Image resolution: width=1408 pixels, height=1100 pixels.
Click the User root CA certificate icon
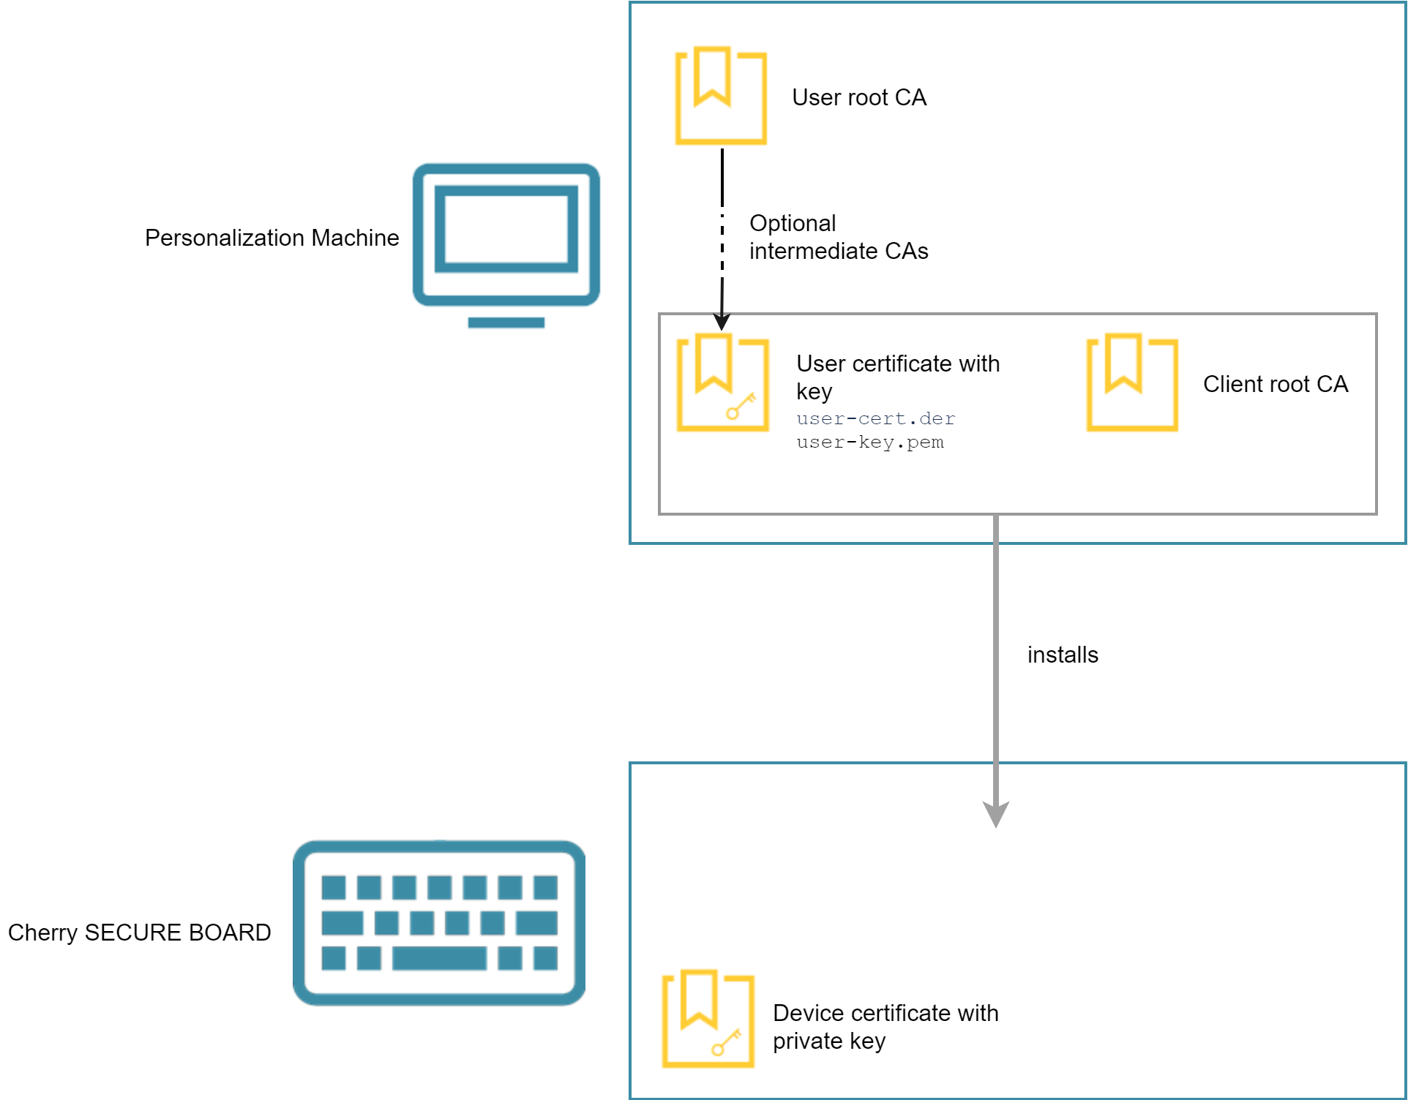coord(721,96)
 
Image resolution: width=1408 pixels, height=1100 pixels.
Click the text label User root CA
coord(859,97)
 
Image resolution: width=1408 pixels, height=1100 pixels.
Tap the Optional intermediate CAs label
coord(838,237)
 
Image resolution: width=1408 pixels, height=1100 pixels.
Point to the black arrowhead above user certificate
coord(722,322)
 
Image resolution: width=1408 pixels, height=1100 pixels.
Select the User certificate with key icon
coord(722,383)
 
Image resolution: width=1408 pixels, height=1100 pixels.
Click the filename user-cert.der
coord(875,418)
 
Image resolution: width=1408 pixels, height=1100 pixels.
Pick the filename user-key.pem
coord(869,442)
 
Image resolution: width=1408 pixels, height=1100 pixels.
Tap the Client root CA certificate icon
coord(1132,383)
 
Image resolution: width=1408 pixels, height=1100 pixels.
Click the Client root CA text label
coord(1275,384)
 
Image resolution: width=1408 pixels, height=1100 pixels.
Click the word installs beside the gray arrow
coord(1063,655)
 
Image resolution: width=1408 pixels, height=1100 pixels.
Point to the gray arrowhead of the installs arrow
coord(995,813)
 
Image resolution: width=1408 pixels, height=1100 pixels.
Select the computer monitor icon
coord(506,235)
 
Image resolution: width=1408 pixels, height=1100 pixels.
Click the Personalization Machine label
coord(272,238)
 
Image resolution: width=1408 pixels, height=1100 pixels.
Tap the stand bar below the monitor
coord(506,323)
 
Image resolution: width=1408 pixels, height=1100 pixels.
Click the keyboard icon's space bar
coord(439,957)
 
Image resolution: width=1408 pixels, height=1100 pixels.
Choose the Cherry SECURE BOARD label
coord(139,933)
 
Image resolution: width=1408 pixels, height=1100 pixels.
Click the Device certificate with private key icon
coord(708,1019)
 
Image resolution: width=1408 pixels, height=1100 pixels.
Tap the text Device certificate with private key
coord(885,1026)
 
